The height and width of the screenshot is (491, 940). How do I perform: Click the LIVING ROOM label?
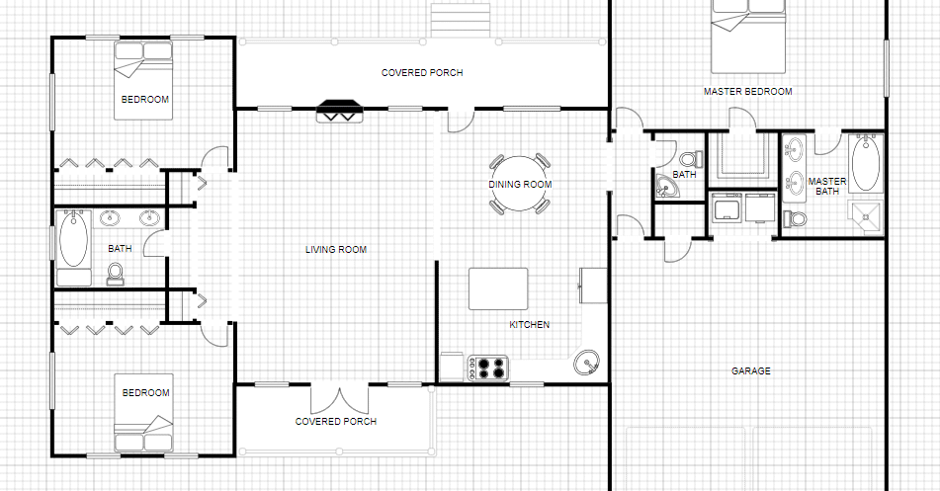pos(336,249)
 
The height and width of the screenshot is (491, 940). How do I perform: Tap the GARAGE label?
pos(750,371)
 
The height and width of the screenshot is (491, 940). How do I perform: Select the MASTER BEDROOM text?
pos(747,92)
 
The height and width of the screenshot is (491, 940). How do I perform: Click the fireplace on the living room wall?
pos(340,112)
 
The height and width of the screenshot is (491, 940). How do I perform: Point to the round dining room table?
pos(520,184)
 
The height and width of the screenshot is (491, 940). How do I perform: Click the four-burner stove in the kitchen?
pos(488,368)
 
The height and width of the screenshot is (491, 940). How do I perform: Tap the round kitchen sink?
pos(586,363)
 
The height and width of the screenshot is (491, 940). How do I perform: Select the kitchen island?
pos(498,288)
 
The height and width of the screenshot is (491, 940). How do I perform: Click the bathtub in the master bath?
pos(865,163)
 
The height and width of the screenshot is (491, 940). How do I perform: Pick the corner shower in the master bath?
pos(865,218)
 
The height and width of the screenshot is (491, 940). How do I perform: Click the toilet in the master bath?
pos(795,218)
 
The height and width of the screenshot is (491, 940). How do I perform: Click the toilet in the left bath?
pos(115,274)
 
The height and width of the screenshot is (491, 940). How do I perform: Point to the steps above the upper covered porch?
pos(461,21)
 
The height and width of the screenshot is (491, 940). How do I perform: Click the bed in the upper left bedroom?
pos(144,80)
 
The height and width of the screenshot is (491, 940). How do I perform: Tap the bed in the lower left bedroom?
pos(144,413)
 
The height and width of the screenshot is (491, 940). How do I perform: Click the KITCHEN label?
pos(530,325)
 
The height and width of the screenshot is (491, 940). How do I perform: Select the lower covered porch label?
pos(336,422)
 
